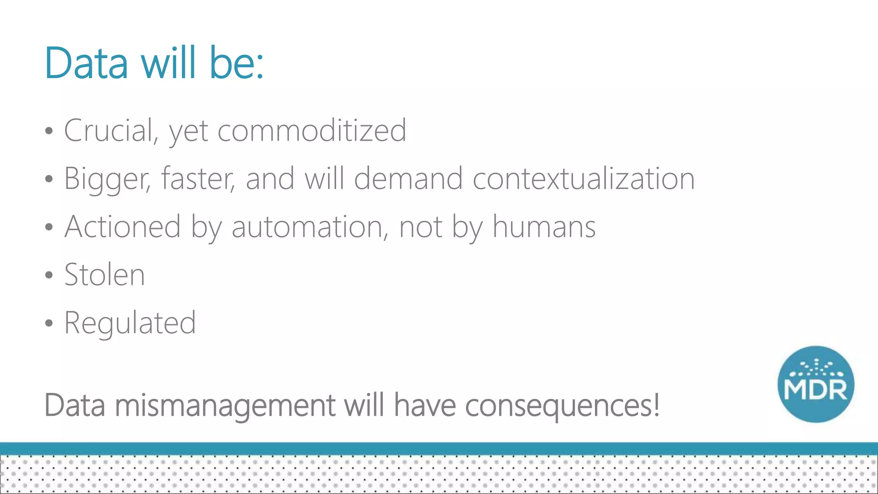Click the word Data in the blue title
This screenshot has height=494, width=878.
pyautogui.click(x=86, y=63)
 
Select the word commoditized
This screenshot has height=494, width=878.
pyautogui.click(x=312, y=130)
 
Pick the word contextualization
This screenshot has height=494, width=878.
pyautogui.click(x=583, y=179)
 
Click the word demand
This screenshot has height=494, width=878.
pyautogui.click(x=408, y=179)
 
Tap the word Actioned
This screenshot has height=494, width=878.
pyautogui.click(x=123, y=227)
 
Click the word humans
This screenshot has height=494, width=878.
pyautogui.click(x=544, y=227)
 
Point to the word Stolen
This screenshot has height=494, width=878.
pyautogui.click(x=105, y=275)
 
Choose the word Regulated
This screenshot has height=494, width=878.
pyautogui.click(x=130, y=323)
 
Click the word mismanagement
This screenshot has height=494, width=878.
pyautogui.click(x=225, y=405)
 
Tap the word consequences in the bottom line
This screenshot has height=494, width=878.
pyautogui.click(x=562, y=405)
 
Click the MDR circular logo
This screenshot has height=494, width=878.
pyautogui.click(x=816, y=384)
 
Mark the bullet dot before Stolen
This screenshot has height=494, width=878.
pyautogui.click(x=49, y=275)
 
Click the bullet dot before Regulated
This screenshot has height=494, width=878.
pyautogui.click(x=49, y=323)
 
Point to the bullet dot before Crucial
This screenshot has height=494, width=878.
pyautogui.click(x=49, y=131)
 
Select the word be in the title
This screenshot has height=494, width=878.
pyautogui.click(x=236, y=63)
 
